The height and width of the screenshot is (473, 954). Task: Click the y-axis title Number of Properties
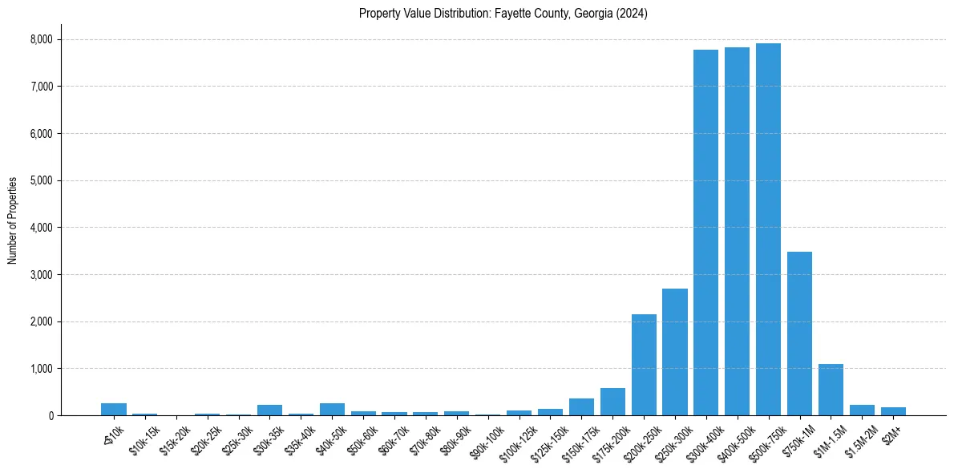(13, 220)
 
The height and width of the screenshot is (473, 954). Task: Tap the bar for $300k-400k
(705, 232)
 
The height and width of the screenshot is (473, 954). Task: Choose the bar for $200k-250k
(644, 365)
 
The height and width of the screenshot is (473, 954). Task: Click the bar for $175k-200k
(612, 402)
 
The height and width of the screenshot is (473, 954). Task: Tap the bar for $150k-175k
(581, 406)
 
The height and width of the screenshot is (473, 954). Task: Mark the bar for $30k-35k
(269, 410)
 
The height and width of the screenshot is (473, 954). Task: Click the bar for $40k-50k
(332, 409)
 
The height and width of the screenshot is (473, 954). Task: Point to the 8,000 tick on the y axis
(41, 39)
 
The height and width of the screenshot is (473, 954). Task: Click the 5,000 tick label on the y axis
(41, 180)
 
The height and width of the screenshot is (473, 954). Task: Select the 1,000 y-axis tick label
(41, 369)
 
